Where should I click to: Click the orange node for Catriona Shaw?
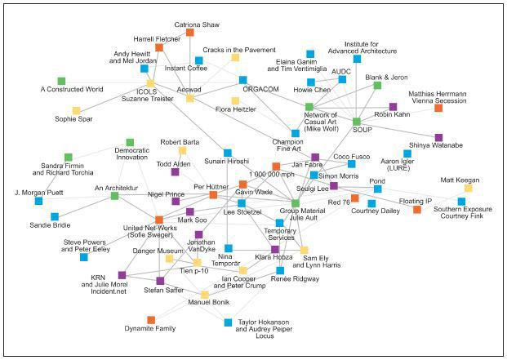click(x=189, y=33)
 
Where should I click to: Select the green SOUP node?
click(x=356, y=122)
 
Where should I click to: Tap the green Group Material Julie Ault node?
click(x=296, y=203)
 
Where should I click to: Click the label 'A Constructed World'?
click(x=72, y=89)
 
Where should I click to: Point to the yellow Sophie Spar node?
click(x=76, y=110)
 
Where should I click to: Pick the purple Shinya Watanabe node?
click(x=438, y=138)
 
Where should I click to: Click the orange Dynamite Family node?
click(x=151, y=320)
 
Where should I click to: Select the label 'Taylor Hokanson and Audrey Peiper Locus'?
click(x=264, y=329)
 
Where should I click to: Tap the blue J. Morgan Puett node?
click(x=38, y=201)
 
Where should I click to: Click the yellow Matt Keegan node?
click(x=468, y=188)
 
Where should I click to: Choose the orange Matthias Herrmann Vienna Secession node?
click(x=438, y=108)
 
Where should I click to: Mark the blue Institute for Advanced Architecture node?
click(x=357, y=59)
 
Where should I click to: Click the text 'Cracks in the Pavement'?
click(x=239, y=50)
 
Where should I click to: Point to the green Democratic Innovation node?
click(x=130, y=142)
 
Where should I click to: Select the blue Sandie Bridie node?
click(x=55, y=216)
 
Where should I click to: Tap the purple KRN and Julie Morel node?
click(x=122, y=275)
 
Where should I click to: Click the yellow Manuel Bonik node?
click(x=205, y=295)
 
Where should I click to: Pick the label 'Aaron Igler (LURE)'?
click(x=398, y=164)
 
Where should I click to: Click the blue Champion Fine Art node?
click(x=296, y=133)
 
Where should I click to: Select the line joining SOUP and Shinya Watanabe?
click(x=398, y=130)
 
